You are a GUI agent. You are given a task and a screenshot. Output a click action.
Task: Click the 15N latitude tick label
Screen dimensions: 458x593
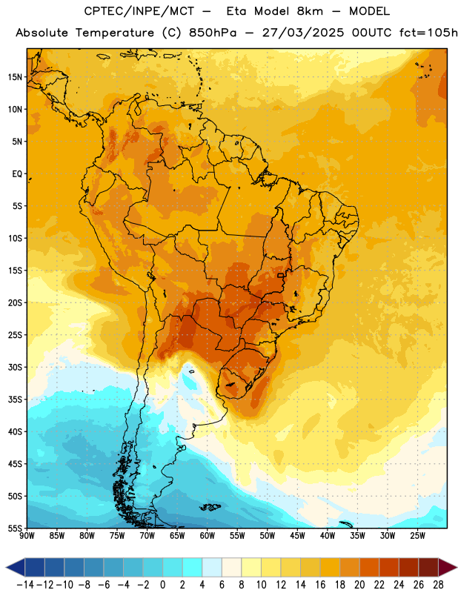[x=15, y=77]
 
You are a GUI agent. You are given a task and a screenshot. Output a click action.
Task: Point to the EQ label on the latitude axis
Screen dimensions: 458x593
[x=17, y=174]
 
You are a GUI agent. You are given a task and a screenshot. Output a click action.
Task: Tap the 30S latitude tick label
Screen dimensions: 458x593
[x=15, y=367]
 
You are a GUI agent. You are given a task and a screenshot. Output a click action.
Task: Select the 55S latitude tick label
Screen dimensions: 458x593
[x=15, y=528]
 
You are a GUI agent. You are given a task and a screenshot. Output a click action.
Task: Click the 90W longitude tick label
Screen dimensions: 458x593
[x=27, y=536]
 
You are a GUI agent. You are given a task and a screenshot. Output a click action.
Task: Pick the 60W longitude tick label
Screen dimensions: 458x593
[x=208, y=536]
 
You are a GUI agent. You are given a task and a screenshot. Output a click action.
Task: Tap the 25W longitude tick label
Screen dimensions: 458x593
[x=417, y=536]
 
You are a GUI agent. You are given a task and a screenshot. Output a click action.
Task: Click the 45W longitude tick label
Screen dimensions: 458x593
[x=298, y=536]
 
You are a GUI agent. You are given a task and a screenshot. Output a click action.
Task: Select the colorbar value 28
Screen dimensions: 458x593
[x=438, y=585]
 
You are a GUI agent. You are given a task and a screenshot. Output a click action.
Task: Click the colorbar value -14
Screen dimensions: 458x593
[x=25, y=585]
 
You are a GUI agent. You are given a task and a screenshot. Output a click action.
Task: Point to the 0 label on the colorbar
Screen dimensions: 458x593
[x=162, y=585]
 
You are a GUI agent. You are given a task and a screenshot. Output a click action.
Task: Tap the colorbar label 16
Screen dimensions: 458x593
[x=320, y=585]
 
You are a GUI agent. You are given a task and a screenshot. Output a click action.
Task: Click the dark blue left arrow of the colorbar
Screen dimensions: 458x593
[x=16, y=567]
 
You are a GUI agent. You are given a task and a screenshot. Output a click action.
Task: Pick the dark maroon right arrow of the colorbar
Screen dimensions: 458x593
[x=448, y=567]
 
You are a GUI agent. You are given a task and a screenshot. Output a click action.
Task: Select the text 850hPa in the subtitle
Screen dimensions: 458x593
[x=213, y=33]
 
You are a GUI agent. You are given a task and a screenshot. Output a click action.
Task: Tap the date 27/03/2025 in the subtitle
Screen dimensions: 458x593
[x=303, y=33]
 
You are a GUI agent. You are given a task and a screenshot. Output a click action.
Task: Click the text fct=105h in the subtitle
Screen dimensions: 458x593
[x=428, y=33]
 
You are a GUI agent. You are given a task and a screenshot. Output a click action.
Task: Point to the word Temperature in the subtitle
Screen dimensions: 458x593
[x=115, y=33]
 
